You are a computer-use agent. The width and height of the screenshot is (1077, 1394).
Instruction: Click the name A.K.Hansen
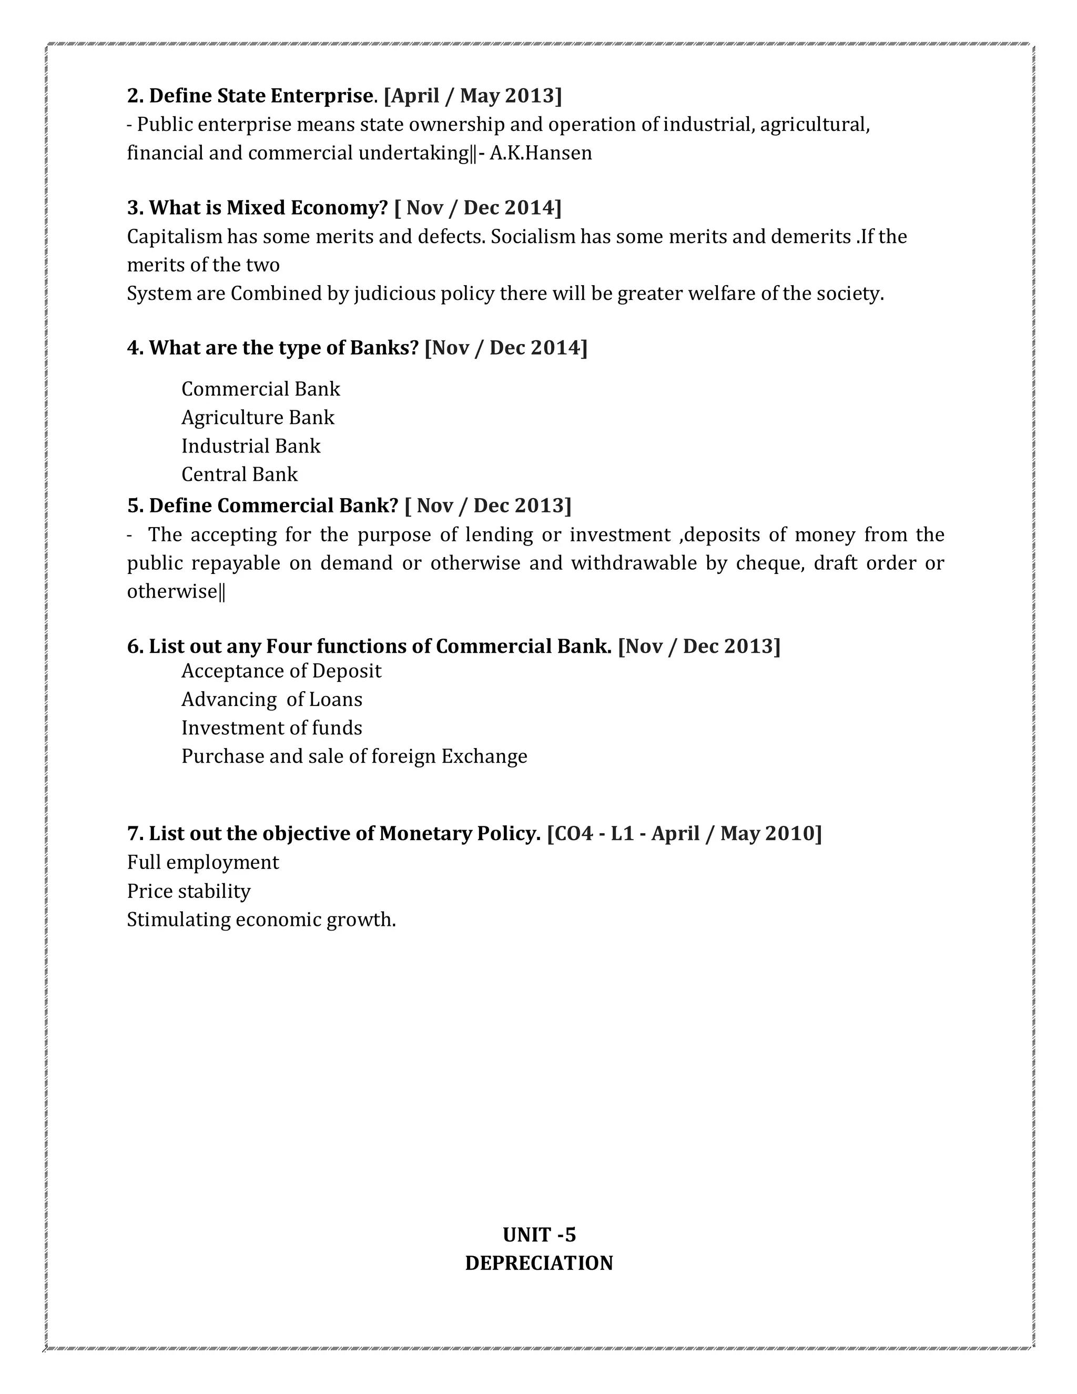(541, 153)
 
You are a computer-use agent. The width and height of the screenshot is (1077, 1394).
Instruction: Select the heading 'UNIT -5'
(538, 1235)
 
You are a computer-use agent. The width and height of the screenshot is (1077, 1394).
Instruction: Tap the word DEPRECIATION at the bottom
(538, 1262)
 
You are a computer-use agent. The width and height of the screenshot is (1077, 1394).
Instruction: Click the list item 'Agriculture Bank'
(258, 418)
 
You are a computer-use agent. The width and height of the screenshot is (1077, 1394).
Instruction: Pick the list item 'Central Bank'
(239, 474)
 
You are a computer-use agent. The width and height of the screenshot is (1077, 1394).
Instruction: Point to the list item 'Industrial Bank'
(251, 446)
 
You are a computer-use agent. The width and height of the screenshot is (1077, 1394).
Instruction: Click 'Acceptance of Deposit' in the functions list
(281, 671)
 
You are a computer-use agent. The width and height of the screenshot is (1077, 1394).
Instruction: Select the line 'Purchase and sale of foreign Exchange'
(354, 756)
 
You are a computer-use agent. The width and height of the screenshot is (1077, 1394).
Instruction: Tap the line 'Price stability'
(189, 891)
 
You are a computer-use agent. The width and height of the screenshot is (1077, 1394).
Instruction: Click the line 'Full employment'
(203, 862)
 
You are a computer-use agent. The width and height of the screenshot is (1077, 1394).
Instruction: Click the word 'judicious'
(391, 294)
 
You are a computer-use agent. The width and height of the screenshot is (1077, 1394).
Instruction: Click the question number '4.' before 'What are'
(135, 348)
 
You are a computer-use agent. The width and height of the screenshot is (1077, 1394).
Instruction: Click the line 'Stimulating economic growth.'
(261, 920)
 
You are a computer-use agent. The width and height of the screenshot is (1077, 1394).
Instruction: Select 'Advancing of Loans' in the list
(272, 700)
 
